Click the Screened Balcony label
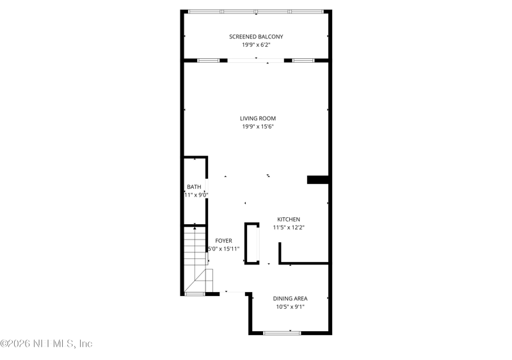click(x=256, y=37)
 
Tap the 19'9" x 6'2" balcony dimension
click(x=256, y=45)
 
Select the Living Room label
click(x=258, y=119)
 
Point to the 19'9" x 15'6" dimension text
click(x=258, y=127)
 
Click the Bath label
click(x=194, y=187)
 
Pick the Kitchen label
click(x=288, y=219)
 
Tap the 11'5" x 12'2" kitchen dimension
click(x=288, y=227)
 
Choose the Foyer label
click(x=223, y=241)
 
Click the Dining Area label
click(x=291, y=299)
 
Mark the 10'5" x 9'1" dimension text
click(x=291, y=307)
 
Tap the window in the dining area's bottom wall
click(x=282, y=332)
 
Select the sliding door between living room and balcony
click(x=256, y=60)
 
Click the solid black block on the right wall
click(x=318, y=180)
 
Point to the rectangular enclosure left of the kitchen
click(x=252, y=243)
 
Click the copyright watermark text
click(x=47, y=344)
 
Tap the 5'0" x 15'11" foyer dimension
click(x=223, y=249)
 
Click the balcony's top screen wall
click(x=256, y=12)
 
